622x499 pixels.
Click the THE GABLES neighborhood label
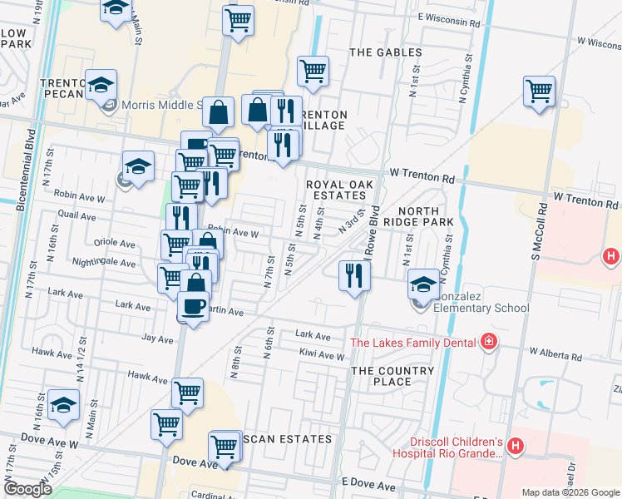(386, 52)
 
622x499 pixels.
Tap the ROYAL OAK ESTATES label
(336, 190)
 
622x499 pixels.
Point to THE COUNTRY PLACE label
(392, 376)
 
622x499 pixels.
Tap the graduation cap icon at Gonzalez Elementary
(423, 284)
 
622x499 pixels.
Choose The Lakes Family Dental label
(413, 342)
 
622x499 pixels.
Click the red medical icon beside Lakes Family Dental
(488, 342)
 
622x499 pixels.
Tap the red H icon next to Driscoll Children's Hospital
(515, 447)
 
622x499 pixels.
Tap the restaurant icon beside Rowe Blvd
(354, 274)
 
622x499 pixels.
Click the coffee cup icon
(193, 306)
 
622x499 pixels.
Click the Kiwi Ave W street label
(322, 356)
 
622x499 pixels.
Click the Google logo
(27, 489)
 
